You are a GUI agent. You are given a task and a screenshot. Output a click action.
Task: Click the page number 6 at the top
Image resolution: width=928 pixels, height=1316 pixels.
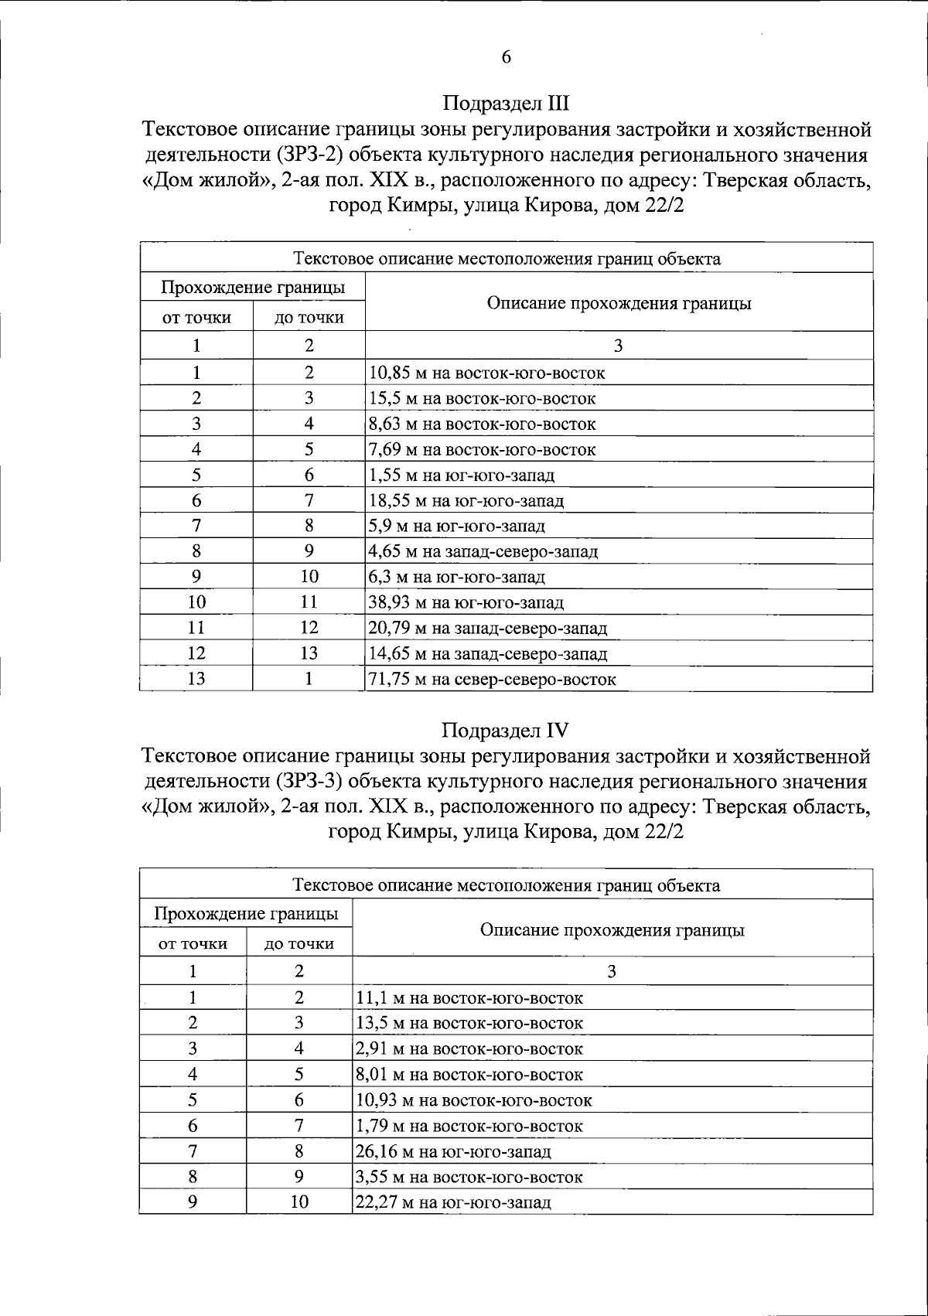pyautogui.click(x=507, y=57)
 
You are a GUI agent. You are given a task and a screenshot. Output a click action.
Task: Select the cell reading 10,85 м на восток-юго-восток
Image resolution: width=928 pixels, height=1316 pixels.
pyautogui.click(x=487, y=373)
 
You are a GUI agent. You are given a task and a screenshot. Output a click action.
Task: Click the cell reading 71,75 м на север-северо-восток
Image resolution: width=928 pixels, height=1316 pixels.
pyautogui.click(x=493, y=680)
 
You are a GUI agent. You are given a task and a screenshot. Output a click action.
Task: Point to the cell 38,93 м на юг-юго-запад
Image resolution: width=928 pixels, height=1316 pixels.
pyautogui.click(x=466, y=603)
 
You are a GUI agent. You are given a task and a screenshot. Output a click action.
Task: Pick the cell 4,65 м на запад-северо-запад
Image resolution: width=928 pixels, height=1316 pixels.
pyautogui.click(x=483, y=552)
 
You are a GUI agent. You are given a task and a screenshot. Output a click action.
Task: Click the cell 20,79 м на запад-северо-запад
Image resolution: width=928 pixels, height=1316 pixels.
pyautogui.click(x=488, y=629)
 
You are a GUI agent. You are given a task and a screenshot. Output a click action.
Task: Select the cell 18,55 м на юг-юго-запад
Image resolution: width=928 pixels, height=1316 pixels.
pyautogui.click(x=466, y=501)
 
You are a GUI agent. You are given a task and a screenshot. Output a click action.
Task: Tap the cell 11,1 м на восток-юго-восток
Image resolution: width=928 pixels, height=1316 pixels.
pyautogui.click(x=469, y=998)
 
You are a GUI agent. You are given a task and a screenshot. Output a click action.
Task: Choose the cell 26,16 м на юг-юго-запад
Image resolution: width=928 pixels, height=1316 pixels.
pyautogui.click(x=453, y=1152)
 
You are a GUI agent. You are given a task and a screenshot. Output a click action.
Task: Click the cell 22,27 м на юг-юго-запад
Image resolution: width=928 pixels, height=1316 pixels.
pyautogui.click(x=453, y=1203)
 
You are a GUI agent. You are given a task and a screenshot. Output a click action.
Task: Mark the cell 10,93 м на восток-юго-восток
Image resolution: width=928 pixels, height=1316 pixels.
pyautogui.click(x=474, y=1100)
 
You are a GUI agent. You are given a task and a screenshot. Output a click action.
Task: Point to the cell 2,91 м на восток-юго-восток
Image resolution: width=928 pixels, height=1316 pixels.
pyautogui.click(x=469, y=1049)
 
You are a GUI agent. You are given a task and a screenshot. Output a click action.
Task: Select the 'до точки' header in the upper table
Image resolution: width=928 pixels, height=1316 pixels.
pyautogui.click(x=309, y=317)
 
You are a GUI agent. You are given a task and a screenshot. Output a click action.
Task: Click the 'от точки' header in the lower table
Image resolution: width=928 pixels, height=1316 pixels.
pyautogui.click(x=193, y=944)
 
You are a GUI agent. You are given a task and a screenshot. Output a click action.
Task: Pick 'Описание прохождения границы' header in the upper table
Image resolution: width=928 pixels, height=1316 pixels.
pyautogui.click(x=619, y=303)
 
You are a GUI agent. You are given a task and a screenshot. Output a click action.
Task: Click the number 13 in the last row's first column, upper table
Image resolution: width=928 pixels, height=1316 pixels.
pyautogui.click(x=196, y=679)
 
